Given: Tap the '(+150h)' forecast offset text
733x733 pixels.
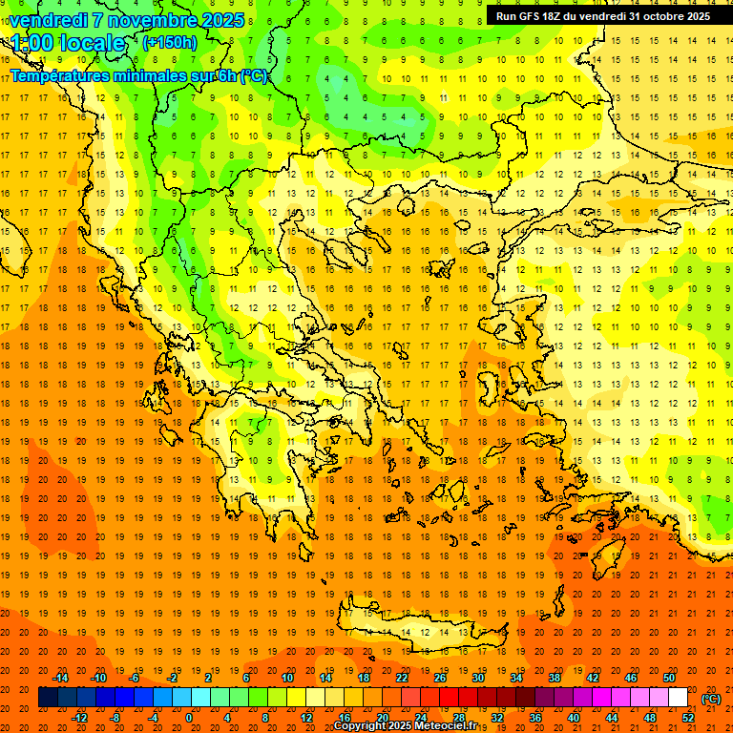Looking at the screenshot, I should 169,42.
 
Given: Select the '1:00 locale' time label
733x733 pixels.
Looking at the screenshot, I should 68,43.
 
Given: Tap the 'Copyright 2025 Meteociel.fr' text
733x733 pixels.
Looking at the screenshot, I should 405,725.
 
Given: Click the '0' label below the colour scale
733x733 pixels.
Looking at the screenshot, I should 189,718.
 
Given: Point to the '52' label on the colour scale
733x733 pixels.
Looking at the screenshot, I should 688,718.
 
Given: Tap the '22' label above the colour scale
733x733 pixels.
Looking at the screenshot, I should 402,678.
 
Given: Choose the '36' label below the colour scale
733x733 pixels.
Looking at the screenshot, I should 535,718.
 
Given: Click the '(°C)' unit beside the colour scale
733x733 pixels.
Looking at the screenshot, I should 711,698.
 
